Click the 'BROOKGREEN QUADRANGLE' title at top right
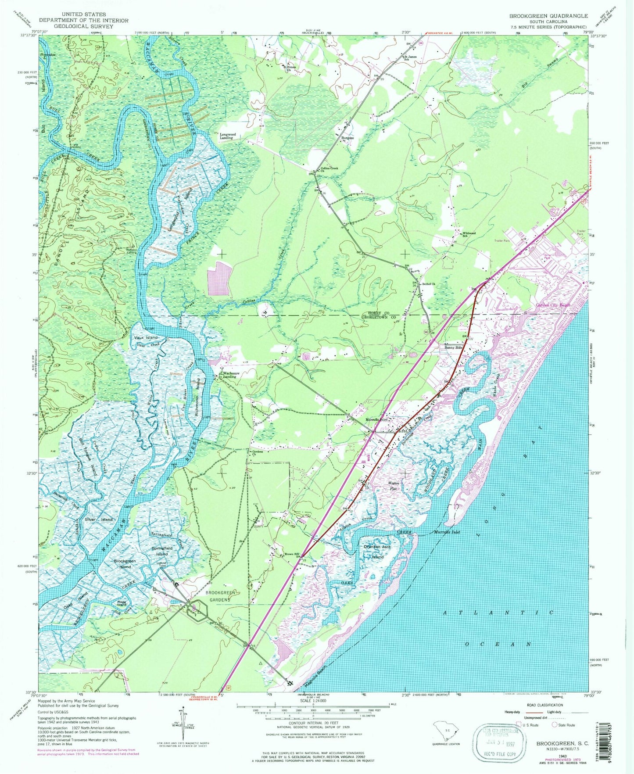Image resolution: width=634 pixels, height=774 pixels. (x=548, y=16)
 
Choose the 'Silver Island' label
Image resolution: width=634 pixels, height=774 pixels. (x=99, y=519)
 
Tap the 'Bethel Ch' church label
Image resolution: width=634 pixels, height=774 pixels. (x=428, y=284)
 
